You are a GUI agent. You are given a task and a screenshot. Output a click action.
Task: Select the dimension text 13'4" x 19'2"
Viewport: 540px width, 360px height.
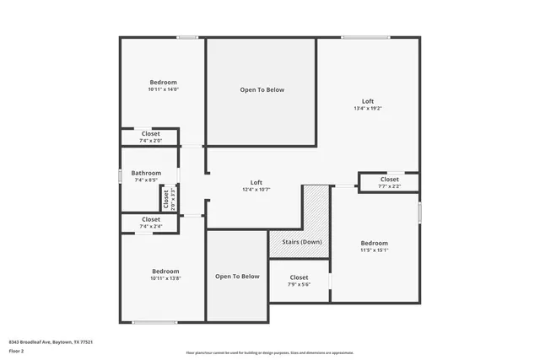[x=368, y=108]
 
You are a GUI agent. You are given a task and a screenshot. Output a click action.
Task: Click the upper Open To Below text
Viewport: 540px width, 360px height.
[x=262, y=90]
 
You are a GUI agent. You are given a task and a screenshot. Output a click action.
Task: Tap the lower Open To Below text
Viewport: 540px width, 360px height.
[x=237, y=277]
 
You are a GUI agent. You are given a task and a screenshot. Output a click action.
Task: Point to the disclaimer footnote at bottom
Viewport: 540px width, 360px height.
[x=269, y=352]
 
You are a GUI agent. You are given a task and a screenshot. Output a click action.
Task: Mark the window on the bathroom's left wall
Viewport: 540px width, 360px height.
[x=120, y=175]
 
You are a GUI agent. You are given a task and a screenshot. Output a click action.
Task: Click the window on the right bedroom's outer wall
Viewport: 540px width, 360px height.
[x=419, y=211]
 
